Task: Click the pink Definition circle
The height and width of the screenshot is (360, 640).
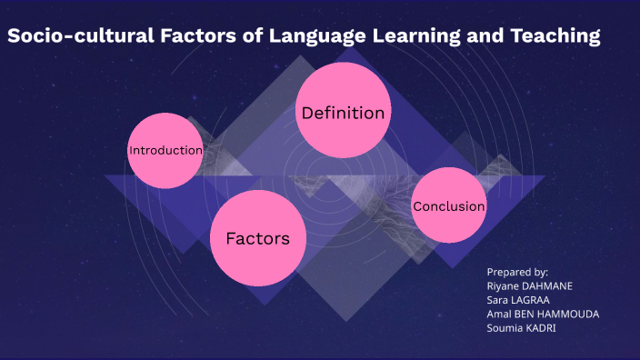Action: pyautogui.click(x=343, y=114)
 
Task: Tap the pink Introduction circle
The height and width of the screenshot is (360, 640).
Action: pyautogui.click(x=165, y=150)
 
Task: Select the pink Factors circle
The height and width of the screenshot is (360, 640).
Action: pyautogui.click(x=257, y=238)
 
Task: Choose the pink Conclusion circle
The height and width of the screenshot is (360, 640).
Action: pyautogui.click(x=448, y=205)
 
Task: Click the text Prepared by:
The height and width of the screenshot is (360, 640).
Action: pyautogui.click(x=517, y=272)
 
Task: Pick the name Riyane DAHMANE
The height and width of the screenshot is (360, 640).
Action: pyautogui.click(x=530, y=285)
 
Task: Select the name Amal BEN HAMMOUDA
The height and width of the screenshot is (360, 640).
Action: pyautogui.click(x=543, y=314)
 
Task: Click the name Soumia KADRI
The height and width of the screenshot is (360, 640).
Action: pyautogui.click(x=522, y=327)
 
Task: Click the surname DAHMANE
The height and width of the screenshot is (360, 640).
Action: pyautogui.click(x=546, y=285)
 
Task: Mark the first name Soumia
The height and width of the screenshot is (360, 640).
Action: pyautogui.click(x=504, y=327)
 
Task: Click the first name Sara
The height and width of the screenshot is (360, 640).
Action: pyautogui.click(x=498, y=299)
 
